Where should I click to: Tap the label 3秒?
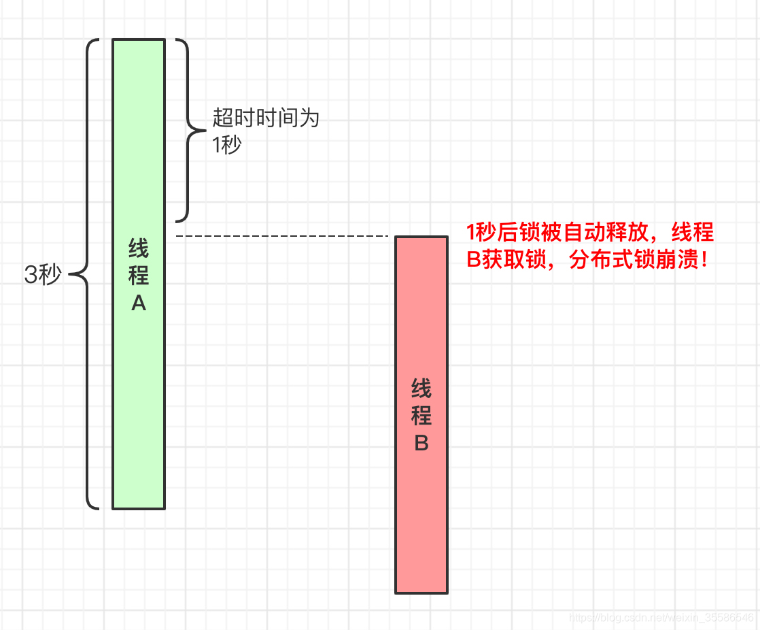tap(43, 275)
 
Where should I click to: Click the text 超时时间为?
tap(266, 118)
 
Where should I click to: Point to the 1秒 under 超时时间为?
tap(227, 145)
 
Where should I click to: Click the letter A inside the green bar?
tap(139, 304)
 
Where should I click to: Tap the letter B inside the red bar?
tap(421, 444)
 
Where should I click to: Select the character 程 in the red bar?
tap(421, 416)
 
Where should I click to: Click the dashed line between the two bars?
tap(281, 236)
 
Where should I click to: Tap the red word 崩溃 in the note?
tap(677, 259)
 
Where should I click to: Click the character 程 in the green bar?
tap(139, 276)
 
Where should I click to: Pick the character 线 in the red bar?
tap(421, 389)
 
